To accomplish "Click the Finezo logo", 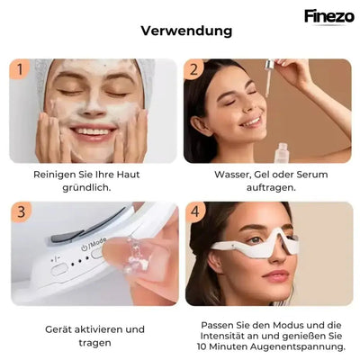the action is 329,16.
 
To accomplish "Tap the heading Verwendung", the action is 186,31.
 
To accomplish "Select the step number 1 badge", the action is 20,69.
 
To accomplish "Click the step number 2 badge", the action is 193,69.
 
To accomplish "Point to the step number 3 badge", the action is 21,212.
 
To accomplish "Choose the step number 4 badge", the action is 195,212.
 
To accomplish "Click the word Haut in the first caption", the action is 128,175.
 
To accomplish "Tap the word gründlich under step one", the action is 86,188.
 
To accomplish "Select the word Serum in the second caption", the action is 312,175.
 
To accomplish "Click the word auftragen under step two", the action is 271,188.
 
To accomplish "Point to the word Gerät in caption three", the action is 58,329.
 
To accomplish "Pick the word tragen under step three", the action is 94,343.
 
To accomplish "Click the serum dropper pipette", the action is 268,77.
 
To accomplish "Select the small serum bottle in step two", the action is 282,153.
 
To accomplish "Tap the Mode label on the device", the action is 98,242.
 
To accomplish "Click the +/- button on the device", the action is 58,268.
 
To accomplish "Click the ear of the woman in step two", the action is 199,127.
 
